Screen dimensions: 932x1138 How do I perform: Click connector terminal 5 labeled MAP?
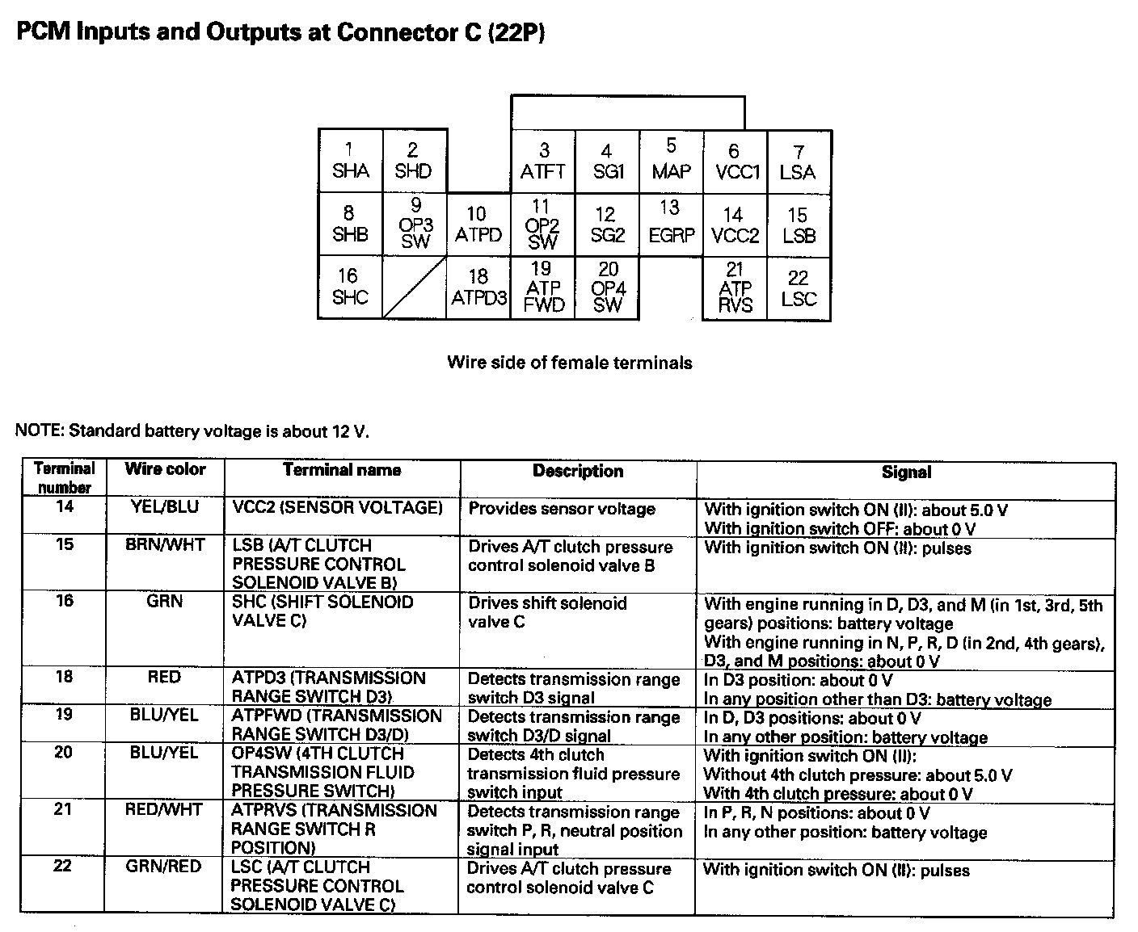click(671, 160)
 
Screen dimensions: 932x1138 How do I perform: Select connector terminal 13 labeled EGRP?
click(671, 223)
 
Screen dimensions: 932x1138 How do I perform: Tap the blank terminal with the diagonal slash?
click(414, 288)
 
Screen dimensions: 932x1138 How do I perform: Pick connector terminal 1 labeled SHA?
click(350, 161)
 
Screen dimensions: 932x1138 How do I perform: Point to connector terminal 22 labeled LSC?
click(799, 288)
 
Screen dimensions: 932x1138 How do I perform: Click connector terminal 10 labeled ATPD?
click(478, 225)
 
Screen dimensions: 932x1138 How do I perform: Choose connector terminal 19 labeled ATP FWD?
click(542, 288)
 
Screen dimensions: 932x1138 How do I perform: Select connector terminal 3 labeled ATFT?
click(542, 161)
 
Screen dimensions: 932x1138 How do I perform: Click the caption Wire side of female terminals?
click(569, 363)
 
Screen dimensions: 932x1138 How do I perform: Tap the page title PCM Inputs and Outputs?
click(280, 32)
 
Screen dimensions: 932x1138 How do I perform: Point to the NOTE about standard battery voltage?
click(192, 430)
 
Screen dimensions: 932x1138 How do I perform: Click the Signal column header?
click(906, 472)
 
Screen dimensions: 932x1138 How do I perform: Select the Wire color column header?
click(165, 469)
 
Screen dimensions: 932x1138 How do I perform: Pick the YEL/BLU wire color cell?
click(165, 506)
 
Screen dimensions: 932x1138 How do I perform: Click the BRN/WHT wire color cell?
click(165, 544)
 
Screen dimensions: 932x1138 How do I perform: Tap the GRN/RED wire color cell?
click(163, 867)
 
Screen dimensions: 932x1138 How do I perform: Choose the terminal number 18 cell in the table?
click(64, 677)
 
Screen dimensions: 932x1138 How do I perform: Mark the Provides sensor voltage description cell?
click(562, 509)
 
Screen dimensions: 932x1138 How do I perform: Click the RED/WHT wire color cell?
click(163, 809)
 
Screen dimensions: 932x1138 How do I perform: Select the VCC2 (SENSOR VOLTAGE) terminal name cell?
click(338, 507)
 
